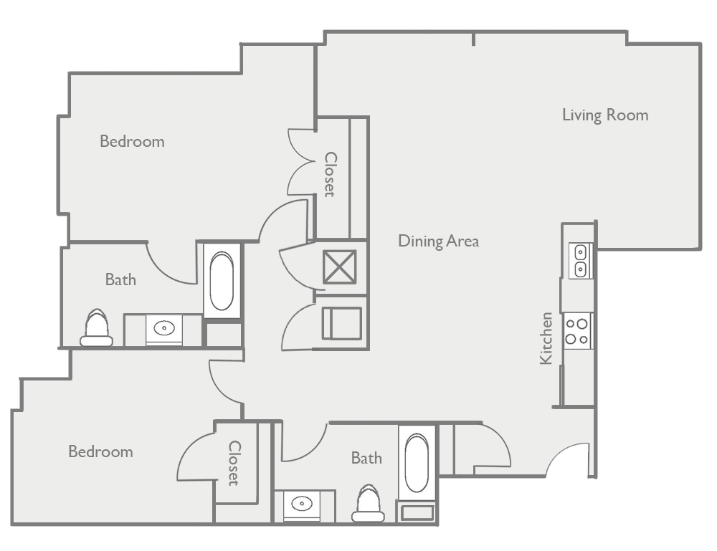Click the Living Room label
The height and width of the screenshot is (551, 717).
coord(605,115)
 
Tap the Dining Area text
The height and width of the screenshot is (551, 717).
coord(438,241)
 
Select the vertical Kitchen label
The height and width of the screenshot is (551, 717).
coord(546,338)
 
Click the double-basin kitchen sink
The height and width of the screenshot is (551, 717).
coord(579,260)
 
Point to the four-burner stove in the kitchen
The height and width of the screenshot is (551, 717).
coord(577,330)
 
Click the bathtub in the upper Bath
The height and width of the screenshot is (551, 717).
coord(223,279)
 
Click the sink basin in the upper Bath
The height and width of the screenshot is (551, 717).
coord(165,329)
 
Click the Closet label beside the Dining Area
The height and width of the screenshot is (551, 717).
coord(331,174)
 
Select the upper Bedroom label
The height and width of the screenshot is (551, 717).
coord(132,141)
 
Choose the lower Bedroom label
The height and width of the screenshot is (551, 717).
coord(100,451)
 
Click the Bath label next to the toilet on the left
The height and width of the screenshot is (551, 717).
coord(120,279)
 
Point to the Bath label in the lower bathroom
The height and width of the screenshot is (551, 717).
coord(366,458)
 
